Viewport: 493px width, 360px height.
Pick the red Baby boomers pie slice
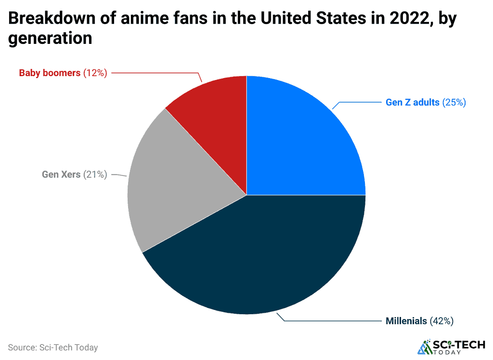pyautogui.click(x=217, y=111)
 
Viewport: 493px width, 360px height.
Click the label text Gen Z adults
pyautogui.click(x=413, y=102)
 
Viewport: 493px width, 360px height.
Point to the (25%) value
pyautogui.click(x=454, y=102)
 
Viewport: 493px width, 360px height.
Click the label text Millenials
pyautogui.click(x=406, y=320)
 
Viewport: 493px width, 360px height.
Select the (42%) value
pyautogui.click(x=441, y=320)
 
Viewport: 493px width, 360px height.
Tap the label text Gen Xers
pyautogui.click(x=61, y=174)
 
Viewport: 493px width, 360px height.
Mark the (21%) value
pyautogui.click(x=95, y=174)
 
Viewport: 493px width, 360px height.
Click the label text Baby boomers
pyautogui.click(x=50, y=73)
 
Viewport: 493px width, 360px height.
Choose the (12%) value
pyautogui.click(x=95, y=73)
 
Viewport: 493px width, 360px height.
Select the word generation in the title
pyautogui.click(x=50, y=38)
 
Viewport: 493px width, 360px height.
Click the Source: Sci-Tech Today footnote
pyautogui.click(x=53, y=347)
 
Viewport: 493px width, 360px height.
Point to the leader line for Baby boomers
pyautogui.click(x=159, y=73)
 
